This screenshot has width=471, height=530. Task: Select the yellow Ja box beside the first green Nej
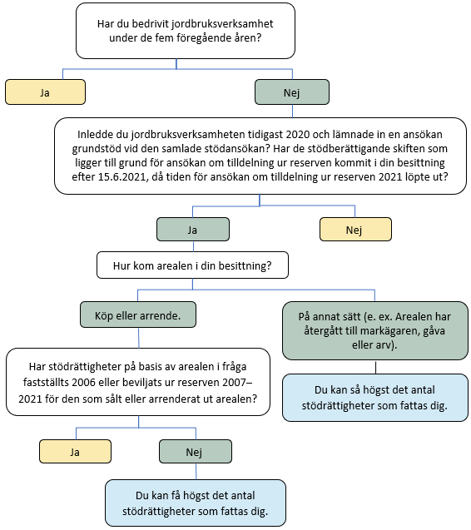pos(45,92)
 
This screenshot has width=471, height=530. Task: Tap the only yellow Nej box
pos(355,228)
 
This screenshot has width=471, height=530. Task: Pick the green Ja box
pos(193,228)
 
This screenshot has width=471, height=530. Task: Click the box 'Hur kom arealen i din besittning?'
pos(193,266)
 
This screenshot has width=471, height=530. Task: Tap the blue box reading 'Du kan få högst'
pos(196,503)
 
